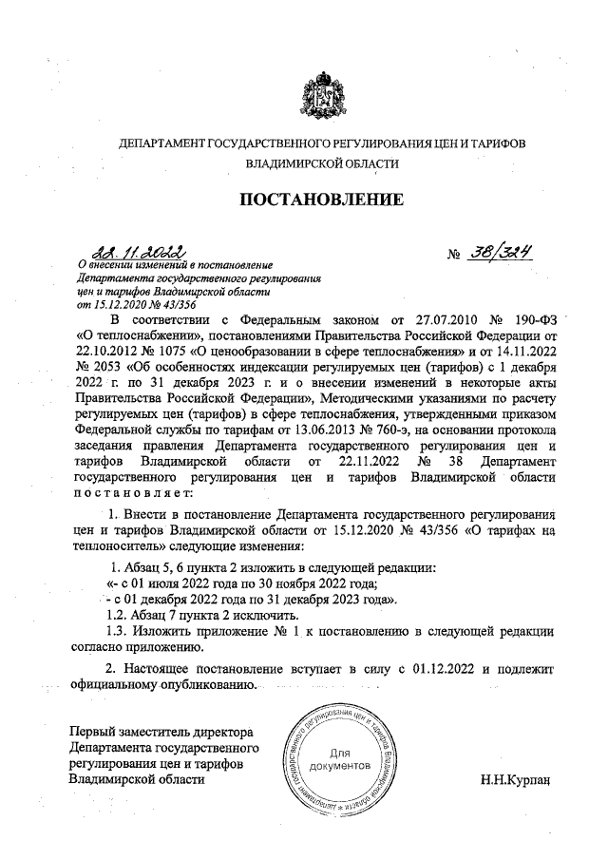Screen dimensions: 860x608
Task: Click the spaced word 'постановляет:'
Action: click(x=133, y=493)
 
